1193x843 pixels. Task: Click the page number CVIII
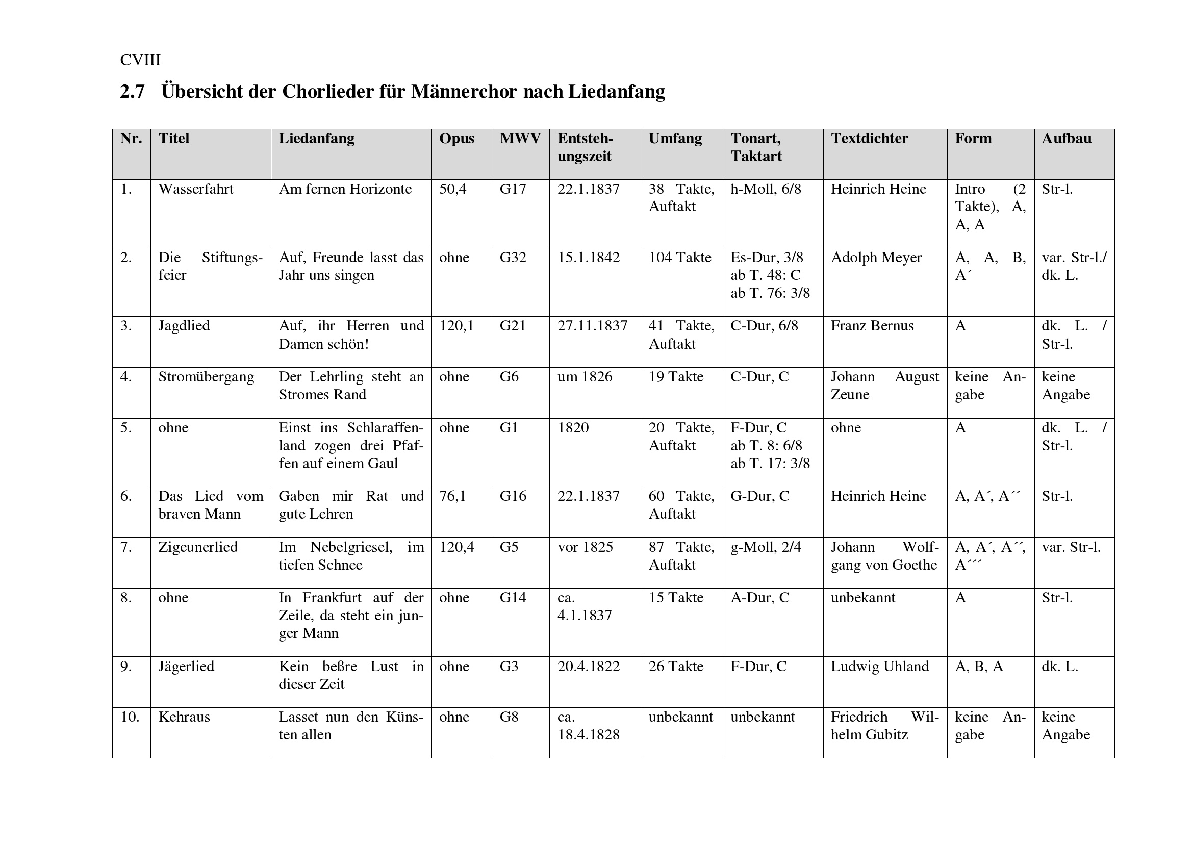tap(140, 60)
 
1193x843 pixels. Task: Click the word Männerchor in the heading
tap(464, 92)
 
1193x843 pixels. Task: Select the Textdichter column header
tap(869, 139)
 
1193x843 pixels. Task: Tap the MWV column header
tap(520, 139)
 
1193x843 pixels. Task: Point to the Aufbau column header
tap(1066, 139)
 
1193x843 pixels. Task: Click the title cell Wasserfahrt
tap(196, 189)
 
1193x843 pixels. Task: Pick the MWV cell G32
tap(513, 258)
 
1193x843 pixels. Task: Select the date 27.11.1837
tap(592, 326)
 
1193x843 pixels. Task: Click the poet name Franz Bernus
tap(872, 326)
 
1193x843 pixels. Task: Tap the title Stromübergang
tap(206, 376)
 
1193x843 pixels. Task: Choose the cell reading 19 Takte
tap(676, 376)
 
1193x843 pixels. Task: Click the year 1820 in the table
tap(573, 427)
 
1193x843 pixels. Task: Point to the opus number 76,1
tap(452, 496)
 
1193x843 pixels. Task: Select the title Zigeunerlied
tap(198, 547)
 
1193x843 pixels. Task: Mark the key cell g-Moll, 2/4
tap(766, 547)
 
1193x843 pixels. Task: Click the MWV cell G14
tap(513, 597)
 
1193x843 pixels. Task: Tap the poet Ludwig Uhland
tap(880, 667)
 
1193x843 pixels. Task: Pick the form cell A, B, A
tap(979, 667)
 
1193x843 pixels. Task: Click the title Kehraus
tap(185, 717)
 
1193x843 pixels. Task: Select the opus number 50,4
tap(452, 189)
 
